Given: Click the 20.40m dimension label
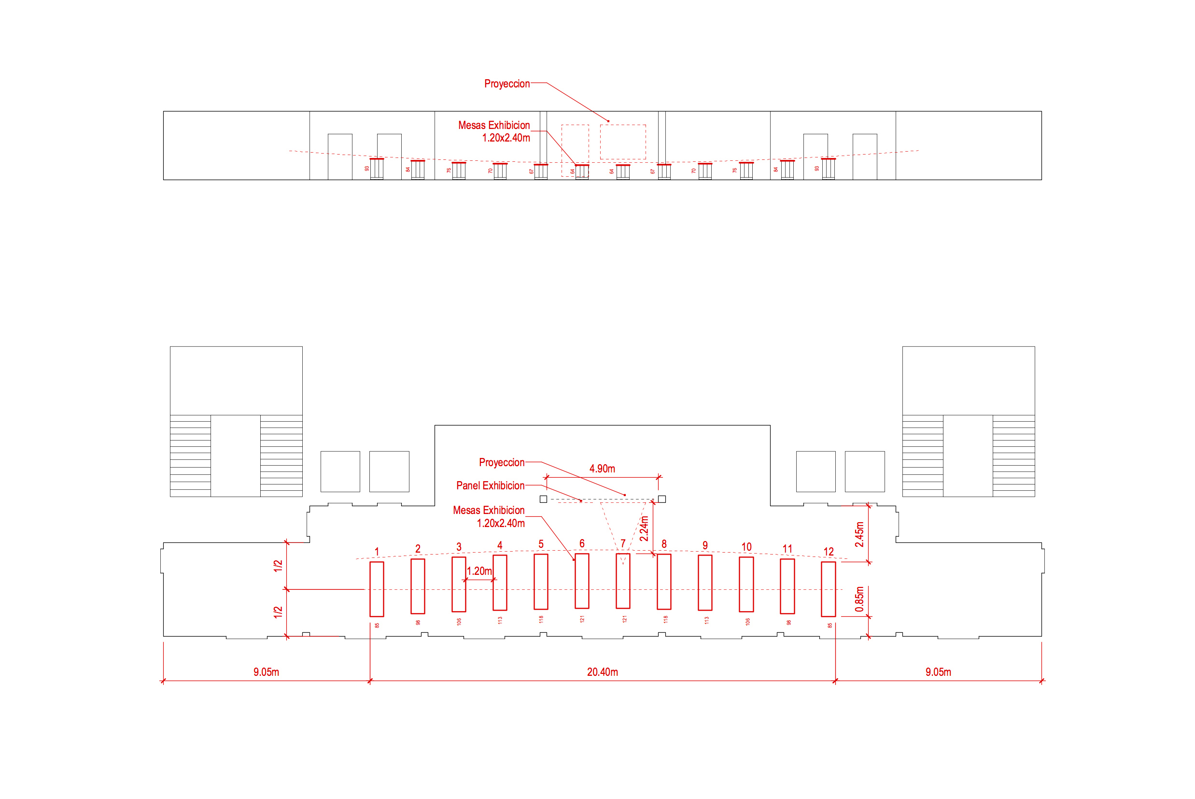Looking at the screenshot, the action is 603,672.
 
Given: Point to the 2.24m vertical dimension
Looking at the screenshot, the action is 644,528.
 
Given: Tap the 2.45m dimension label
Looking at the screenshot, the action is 859,534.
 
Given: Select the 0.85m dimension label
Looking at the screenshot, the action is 859,599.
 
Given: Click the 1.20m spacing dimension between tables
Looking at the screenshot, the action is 479,571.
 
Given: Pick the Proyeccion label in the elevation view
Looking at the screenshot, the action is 506,84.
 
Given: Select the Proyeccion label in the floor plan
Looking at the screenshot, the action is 502,463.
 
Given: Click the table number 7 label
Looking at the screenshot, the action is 623,544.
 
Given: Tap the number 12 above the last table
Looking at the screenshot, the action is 829,552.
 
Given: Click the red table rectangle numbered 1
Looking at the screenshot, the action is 377,589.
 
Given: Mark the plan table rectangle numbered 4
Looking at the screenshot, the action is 500,583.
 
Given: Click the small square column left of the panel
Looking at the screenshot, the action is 543,499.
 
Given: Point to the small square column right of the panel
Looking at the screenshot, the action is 662,499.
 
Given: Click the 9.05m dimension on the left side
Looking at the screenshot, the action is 267,672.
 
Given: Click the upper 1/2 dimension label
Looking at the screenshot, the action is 278,566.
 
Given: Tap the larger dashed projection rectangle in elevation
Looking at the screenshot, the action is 623,142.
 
